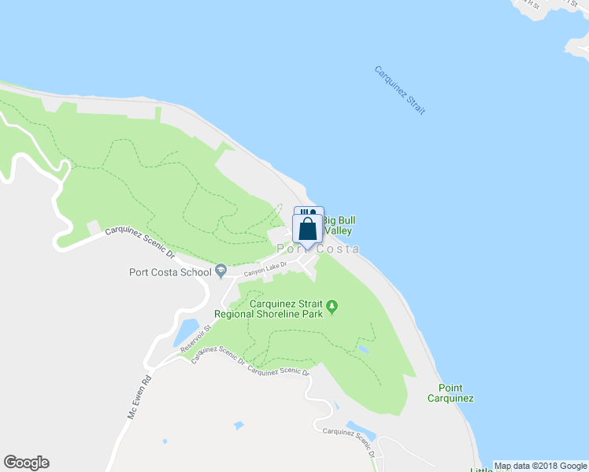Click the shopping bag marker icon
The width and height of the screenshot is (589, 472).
308,229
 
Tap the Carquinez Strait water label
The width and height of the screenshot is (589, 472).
399,90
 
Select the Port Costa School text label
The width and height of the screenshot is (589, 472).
170,273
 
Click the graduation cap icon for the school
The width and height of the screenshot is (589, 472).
220,271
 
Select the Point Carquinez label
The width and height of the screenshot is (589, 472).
450,393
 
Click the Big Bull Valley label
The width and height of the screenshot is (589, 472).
335,226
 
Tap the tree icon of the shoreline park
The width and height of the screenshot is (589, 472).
332,306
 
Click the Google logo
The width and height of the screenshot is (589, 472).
26,463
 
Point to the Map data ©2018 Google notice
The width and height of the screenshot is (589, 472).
540,466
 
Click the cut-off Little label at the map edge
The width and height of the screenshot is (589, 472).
481,470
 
